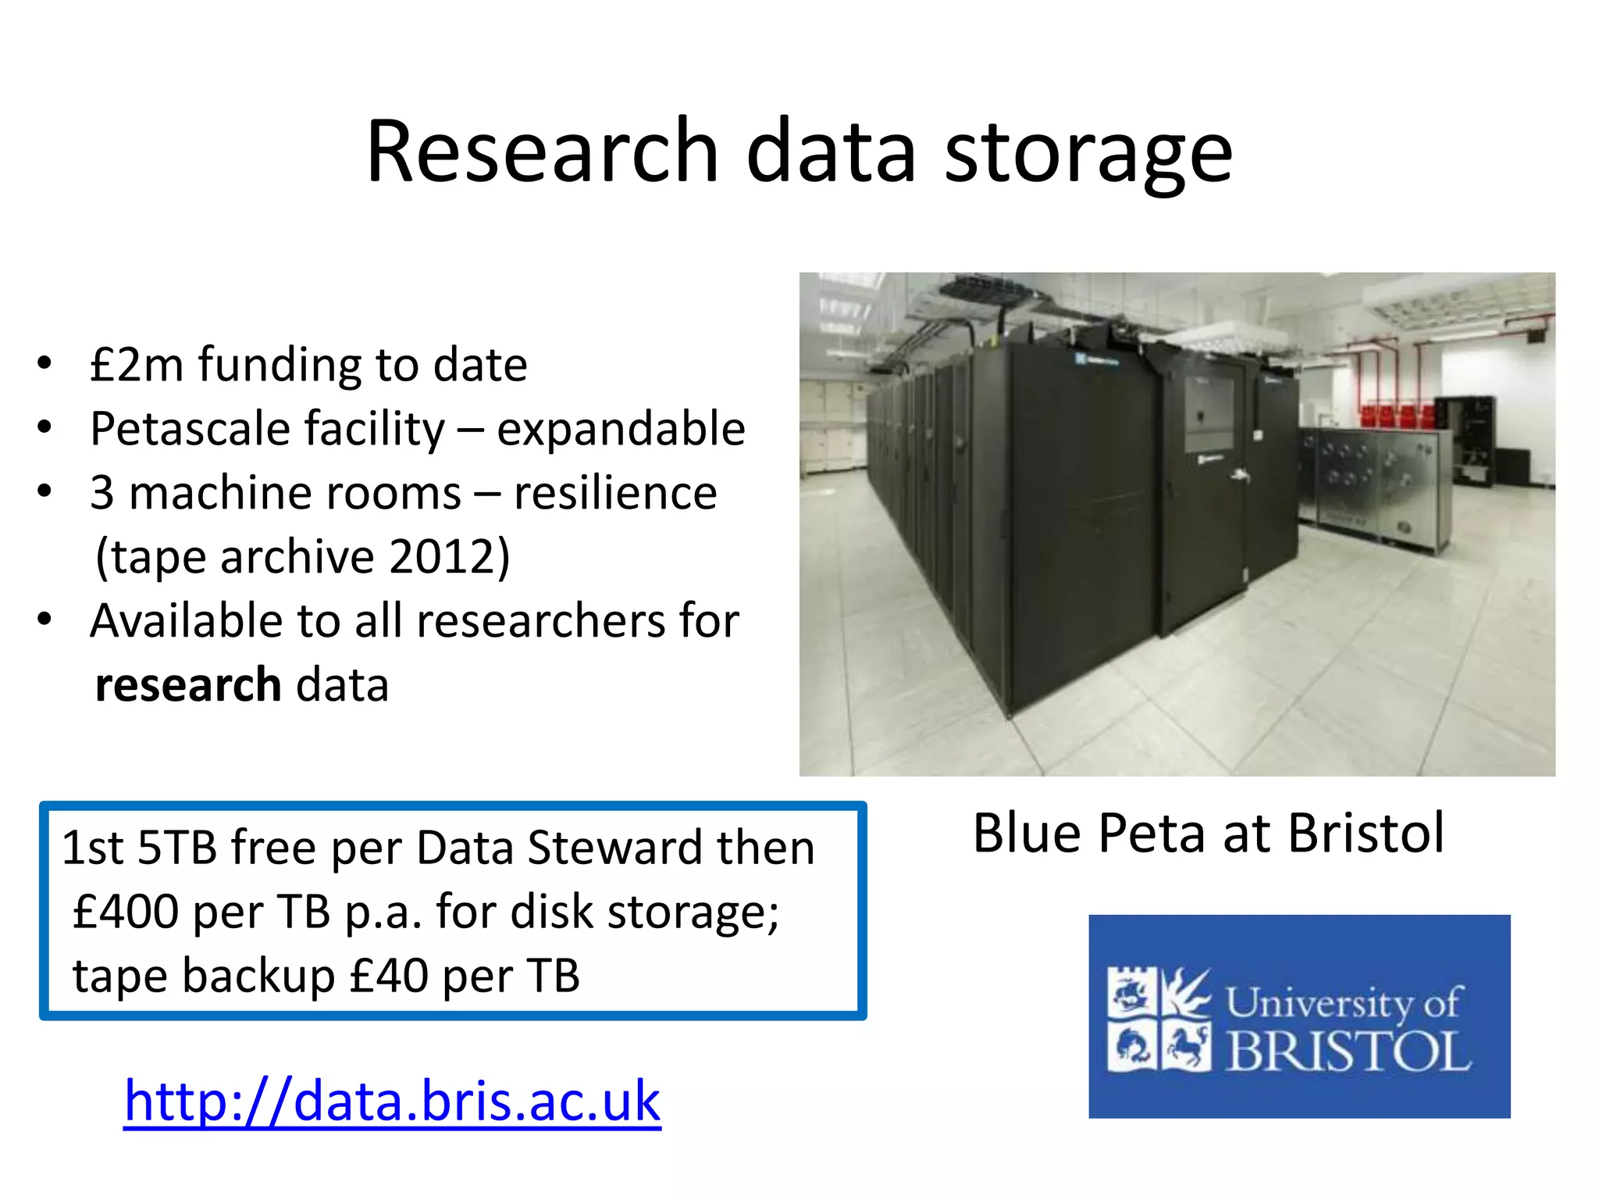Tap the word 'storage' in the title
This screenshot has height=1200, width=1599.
click(x=1088, y=152)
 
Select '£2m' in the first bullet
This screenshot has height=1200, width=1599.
click(x=136, y=365)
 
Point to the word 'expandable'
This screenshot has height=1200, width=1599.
click(x=621, y=429)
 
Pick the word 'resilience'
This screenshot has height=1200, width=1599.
click(x=615, y=493)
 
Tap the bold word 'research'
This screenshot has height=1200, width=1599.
click(x=187, y=685)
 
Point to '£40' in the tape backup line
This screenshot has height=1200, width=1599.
click(x=389, y=976)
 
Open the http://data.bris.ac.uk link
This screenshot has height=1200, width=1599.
click(x=392, y=1101)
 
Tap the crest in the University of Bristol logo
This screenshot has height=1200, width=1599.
click(x=1159, y=1019)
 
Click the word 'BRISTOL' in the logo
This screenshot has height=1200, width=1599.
click(x=1349, y=1052)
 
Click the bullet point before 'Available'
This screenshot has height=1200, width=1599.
click(x=45, y=620)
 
